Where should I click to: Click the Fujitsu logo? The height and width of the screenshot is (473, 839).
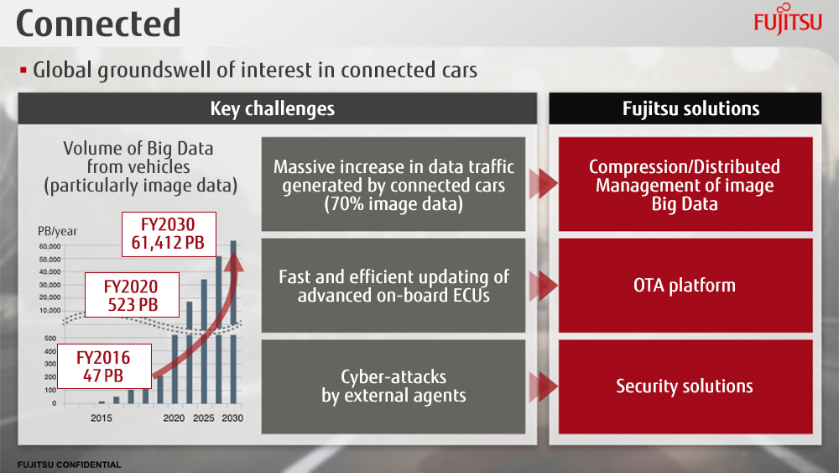tap(788, 19)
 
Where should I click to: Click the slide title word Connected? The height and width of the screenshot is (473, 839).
tap(98, 24)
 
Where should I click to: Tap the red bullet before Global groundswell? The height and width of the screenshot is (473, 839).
tap(23, 71)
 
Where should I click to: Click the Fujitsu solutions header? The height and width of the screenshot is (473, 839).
tap(685, 108)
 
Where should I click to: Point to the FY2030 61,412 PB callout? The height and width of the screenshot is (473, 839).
tap(169, 234)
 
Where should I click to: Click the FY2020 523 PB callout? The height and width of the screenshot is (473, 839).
tap(133, 295)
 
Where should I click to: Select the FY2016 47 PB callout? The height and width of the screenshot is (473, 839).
tap(104, 366)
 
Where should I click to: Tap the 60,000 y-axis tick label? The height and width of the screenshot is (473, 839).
tap(50, 246)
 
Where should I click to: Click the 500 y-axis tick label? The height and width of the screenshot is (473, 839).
tap(50, 339)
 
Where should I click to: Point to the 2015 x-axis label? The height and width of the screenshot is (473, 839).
tap(102, 418)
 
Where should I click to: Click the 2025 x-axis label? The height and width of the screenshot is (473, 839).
tap(203, 418)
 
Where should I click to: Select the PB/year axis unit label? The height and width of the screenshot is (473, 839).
tap(57, 231)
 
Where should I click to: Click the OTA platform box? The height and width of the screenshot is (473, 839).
tap(685, 286)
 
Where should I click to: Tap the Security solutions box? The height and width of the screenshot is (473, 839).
tap(685, 386)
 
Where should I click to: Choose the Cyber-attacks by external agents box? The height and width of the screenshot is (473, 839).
tap(393, 386)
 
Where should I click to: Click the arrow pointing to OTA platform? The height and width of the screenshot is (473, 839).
tap(543, 286)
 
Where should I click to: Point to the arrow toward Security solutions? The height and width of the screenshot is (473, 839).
tap(543, 386)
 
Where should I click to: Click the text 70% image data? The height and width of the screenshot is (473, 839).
tap(393, 204)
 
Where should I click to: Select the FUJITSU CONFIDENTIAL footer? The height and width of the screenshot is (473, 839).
tap(69, 465)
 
